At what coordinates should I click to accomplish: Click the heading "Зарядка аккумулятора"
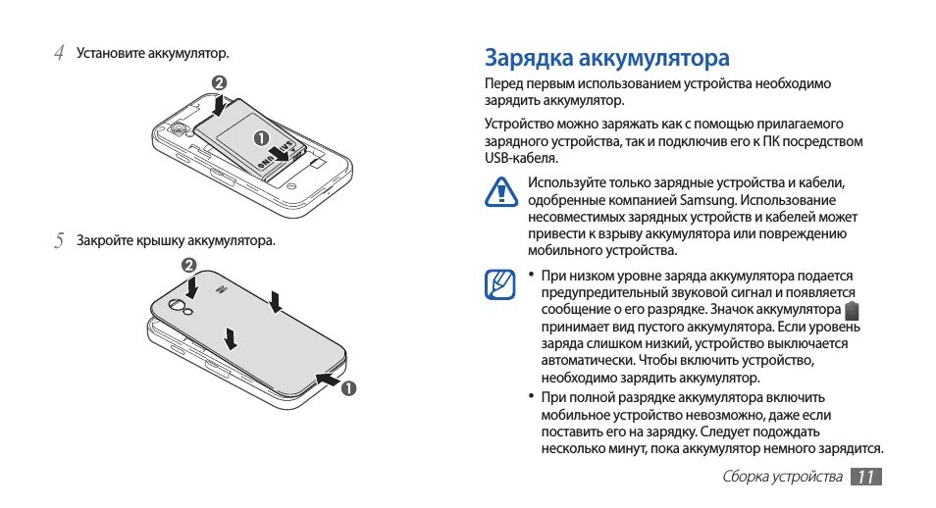607,56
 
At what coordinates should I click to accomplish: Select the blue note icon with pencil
501,285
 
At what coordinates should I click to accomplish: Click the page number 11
865,478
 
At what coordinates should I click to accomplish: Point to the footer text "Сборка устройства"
783,478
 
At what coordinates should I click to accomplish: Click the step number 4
59,52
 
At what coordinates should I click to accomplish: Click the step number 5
59,239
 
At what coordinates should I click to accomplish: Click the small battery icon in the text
852,310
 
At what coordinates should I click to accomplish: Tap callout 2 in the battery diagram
220,82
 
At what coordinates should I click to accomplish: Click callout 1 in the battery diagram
262,137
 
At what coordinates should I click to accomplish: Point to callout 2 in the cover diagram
189,266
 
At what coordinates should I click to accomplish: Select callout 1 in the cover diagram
346,387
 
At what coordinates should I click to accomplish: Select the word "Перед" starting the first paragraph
505,83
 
